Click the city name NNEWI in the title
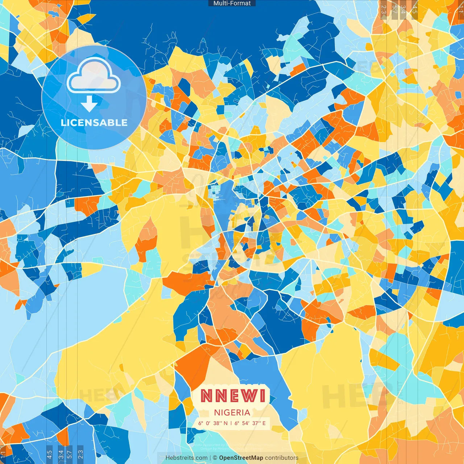pos(233,395)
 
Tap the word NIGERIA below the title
pos(232,413)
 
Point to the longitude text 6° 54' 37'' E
pos(250,423)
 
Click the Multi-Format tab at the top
pos(232,3)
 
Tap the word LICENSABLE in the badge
pos(94,123)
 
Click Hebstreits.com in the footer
pos(186,458)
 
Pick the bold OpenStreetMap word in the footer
pos(241,458)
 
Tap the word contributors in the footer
pos(282,458)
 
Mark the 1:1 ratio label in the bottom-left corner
pos(3,453)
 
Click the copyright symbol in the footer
pos(215,458)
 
